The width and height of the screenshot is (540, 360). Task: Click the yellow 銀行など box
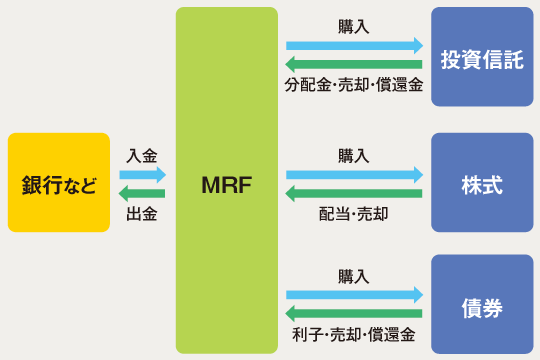click(x=58, y=183)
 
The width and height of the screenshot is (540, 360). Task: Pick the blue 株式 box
click(x=482, y=183)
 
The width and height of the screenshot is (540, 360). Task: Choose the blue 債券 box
click(x=482, y=305)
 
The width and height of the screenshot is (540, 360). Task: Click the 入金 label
click(x=142, y=156)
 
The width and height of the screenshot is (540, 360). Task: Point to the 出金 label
click(x=142, y=213)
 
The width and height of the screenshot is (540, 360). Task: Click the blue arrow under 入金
click(x=142, y=175)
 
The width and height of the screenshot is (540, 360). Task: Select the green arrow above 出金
click(x=142, y=193)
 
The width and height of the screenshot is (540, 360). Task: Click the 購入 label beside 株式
click(x=354, y=155)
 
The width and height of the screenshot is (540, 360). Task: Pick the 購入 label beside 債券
click(x=354, y=275)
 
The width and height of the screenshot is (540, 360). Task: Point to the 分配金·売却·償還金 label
click(x=354, y=86)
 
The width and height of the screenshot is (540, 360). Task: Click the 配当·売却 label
click(x=354, y=213)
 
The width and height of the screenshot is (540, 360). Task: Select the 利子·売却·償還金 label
click(x=354, y=333)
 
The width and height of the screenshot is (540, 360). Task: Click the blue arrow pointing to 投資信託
click(x=354, y=46)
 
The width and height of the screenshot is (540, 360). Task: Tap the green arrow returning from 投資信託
click(x=354, y=65)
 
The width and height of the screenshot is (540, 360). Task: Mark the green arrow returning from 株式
click(x=354, y=193)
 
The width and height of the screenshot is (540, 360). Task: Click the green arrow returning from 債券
click(x=354, y=313)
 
